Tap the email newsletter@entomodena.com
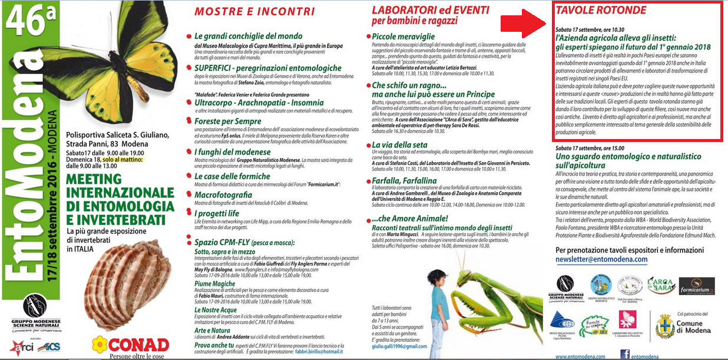(x=601, y=259)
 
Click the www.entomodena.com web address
(x=580, y=356)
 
